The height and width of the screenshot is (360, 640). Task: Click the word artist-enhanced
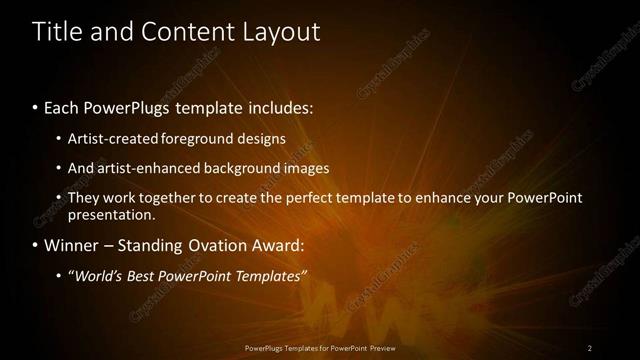144,168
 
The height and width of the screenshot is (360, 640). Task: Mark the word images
304,168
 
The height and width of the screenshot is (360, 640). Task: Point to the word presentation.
111,214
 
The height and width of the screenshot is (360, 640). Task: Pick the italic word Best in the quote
148,275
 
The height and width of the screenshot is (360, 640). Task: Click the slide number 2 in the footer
590,347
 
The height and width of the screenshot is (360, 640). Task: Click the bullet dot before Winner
36,245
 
